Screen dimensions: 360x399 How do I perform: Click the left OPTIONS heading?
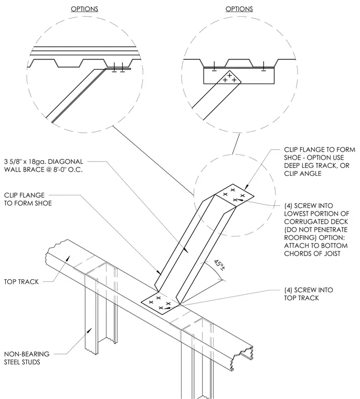tap(84, 9)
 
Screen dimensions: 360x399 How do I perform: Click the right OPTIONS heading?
tap(239, 9)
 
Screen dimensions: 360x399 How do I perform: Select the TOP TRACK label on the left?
tap(22, 282)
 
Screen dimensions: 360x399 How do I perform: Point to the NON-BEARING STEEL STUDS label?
tap(27, 358)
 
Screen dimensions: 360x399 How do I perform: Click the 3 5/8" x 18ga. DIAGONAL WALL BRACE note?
tap(44, 166)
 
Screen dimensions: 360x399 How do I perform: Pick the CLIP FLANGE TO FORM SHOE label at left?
tap(28, 199)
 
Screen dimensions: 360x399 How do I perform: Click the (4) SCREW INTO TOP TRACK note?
tap(309, 294)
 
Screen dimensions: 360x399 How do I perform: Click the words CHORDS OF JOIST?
tap(312, 254)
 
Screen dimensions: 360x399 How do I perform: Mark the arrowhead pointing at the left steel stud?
tap(89, 330)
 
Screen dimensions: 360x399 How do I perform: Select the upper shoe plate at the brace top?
tap(235, 195)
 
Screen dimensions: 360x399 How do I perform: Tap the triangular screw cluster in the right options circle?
tap(229, 78)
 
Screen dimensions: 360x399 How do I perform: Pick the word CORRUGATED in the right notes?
tap(316, 222)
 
